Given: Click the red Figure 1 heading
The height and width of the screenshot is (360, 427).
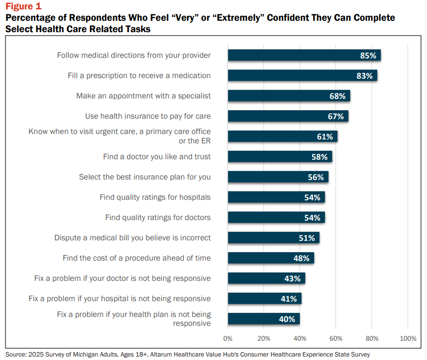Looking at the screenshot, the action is coord(23,6).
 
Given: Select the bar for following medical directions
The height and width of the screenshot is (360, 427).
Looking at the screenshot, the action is coord(304,55).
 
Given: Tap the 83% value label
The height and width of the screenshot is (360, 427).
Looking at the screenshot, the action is coord(364,76).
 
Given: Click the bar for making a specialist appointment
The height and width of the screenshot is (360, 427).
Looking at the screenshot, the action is coord(289,96).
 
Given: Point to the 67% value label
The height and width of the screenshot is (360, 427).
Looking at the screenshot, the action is coord(335,117).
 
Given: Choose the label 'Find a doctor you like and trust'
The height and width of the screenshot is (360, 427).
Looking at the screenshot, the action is coord(157,157).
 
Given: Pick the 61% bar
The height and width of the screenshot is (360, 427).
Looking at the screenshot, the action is coord(283,136).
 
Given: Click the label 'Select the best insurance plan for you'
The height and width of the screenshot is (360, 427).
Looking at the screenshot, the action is coord(145,177).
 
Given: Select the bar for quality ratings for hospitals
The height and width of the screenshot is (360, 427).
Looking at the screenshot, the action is coord(277,197).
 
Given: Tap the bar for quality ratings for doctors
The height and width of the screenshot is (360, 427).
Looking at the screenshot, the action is coord(277,218).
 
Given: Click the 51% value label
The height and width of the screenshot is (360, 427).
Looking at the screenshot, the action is coord(307,238).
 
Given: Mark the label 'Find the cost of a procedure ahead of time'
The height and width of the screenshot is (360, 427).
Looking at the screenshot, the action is coord(137,258).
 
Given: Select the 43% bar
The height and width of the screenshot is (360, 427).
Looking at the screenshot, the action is coord(267,278).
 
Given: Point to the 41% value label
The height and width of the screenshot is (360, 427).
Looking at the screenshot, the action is coord(288,299).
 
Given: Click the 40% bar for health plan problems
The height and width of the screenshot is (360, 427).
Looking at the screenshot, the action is coord(264,318).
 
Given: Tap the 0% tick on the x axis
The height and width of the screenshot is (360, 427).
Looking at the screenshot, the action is coord(228,339).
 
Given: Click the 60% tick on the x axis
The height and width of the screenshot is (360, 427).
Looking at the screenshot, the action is coord(336,339).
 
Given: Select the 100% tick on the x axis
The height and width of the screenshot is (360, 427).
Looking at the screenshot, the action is coord(408,339).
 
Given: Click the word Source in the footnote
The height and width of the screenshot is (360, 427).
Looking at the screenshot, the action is coord(16,354).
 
